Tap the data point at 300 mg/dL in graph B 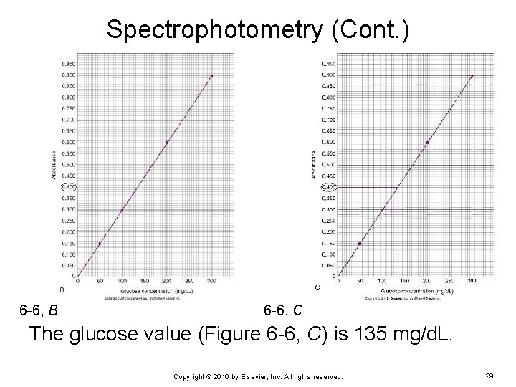click(211, 75)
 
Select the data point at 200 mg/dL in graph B click(167, 142)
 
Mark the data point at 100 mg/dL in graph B click(122, 210)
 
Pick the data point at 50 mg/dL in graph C click(360, 244)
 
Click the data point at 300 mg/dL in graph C click(472, 75)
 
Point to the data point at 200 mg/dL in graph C click(428, 142)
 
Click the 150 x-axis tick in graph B click(144, 282)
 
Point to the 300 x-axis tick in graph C click(472, 282)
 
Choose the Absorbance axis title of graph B click(54, 165)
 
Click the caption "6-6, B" click(39, 311)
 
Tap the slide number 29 click(490, 376)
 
